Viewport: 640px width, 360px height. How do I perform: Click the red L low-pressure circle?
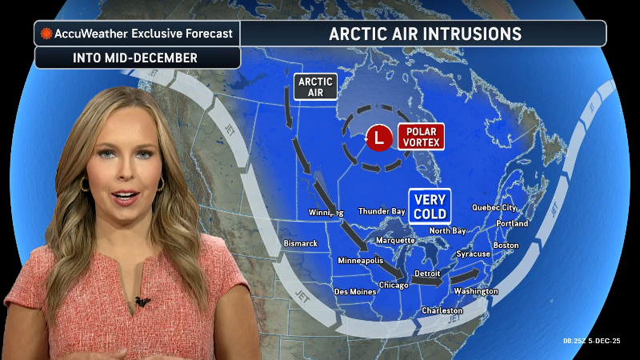tap(379, 138)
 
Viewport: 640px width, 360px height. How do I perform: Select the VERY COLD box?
tap(430, 206)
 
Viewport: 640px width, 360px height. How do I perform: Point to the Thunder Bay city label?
tap(382, 211)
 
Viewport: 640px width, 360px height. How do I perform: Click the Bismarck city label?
tap(301, 243)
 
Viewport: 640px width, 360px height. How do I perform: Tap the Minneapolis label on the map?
tap(360, 261)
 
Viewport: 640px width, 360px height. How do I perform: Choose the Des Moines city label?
tap(354, 291)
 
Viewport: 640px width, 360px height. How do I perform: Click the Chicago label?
tap(394, 285)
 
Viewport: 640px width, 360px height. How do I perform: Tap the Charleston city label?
tap(442, 310)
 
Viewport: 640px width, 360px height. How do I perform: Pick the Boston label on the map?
tap(506, 245)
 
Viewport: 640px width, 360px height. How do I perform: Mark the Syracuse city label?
tap(474, 254)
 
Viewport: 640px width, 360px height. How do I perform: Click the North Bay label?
tap(447, 231)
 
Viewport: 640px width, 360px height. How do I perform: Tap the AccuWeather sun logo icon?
tap(47, 34)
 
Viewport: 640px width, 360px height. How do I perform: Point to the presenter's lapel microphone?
tap(142, 302)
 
